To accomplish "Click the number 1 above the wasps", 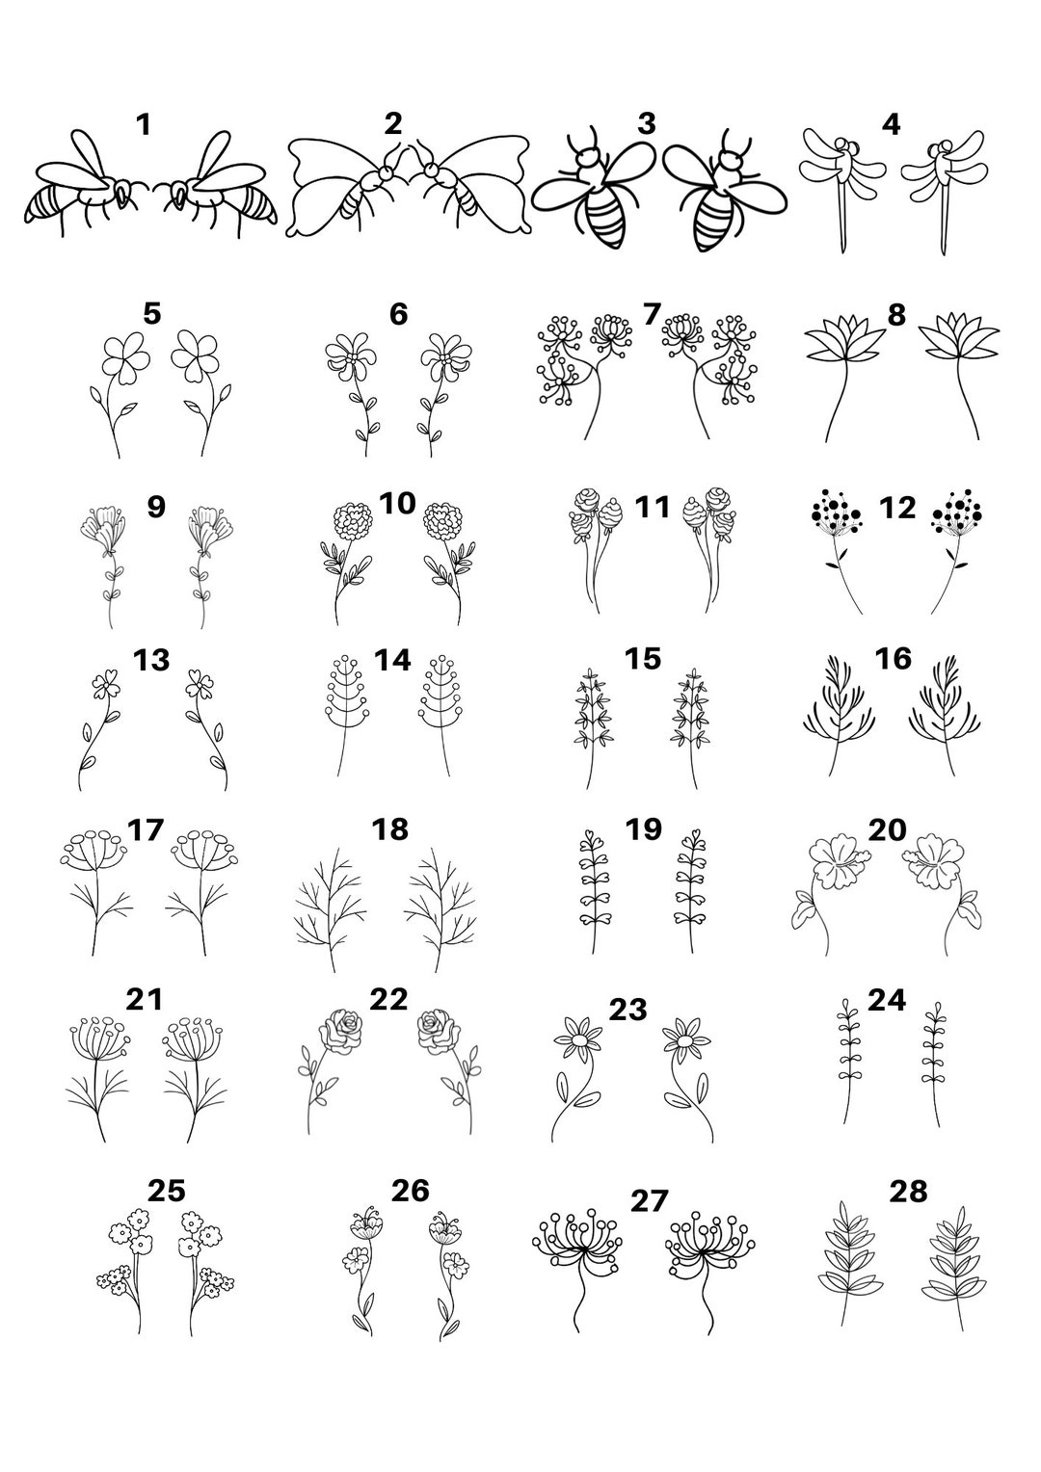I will coord(144,125).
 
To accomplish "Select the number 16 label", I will coord(894,658).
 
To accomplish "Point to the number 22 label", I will coord(388,999).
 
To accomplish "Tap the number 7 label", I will coord(652,314).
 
